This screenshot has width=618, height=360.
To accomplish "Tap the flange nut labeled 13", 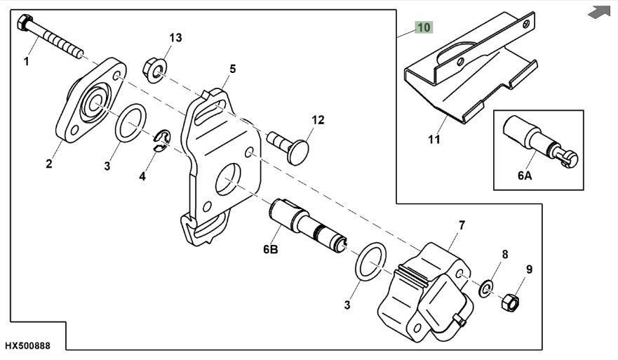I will tap(153, 68).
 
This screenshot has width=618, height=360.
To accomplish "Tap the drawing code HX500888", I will tap(28, 347).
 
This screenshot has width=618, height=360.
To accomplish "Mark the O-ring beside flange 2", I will tap(131, 124).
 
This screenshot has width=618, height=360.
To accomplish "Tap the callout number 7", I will tap(462, 225).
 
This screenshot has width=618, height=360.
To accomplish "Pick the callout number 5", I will tap(232, 69).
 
